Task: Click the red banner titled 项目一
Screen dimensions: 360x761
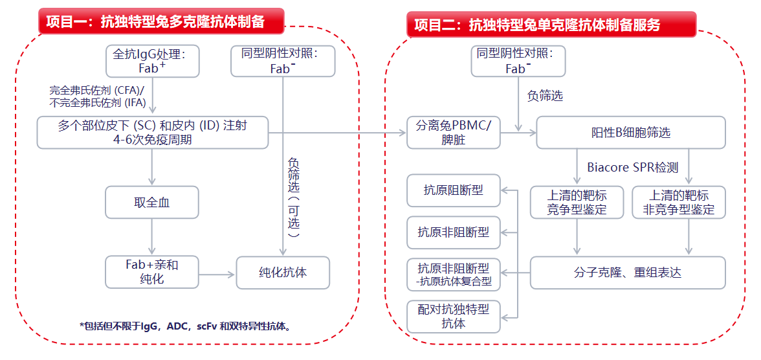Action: tap(162, 22)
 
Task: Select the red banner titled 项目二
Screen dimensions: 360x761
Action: tap(551, 25)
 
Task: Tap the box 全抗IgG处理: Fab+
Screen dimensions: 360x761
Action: tap(152, 61)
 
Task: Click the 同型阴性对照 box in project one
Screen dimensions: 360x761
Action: tap(283, 61)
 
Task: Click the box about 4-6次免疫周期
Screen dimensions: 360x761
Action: tap(152, 133)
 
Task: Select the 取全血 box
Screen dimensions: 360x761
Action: tap(152, 203)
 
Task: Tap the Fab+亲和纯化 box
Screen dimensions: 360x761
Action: tap(152, 272)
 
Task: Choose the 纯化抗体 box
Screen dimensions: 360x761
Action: tap(283, 272)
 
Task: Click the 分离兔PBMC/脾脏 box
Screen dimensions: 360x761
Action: tap(454, 133)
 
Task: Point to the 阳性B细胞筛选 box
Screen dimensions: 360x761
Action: tap(631, 133)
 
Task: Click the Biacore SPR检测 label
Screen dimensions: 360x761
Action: tap(632, 168)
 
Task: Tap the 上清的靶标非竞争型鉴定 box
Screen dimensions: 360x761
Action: tap(678, 202)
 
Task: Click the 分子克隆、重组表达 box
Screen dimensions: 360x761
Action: tap(628, 273)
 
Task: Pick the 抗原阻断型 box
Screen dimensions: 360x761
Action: tap(454, 190)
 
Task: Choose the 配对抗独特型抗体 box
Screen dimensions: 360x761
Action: tap(454, 317)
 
